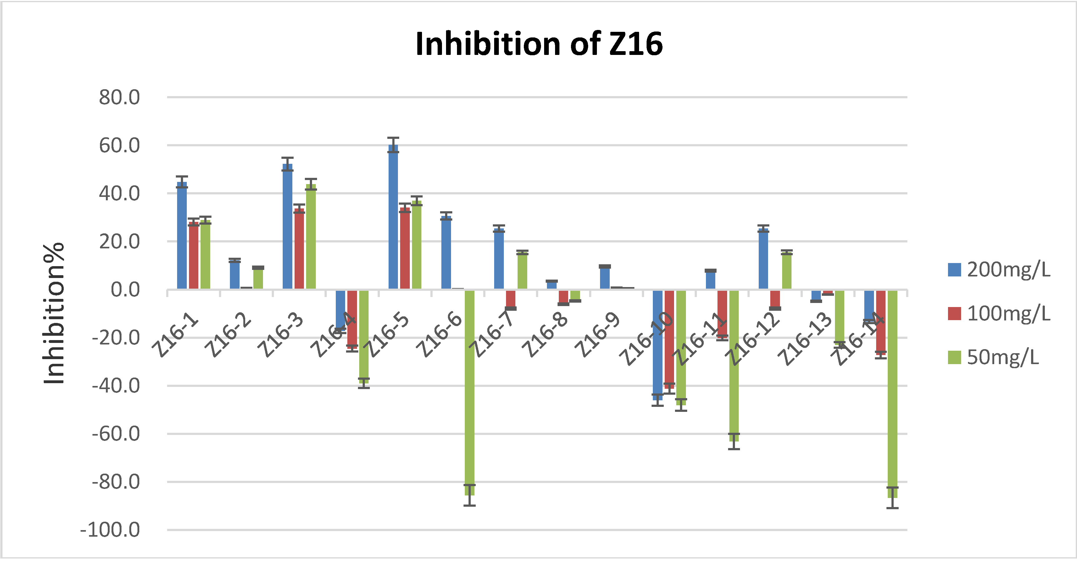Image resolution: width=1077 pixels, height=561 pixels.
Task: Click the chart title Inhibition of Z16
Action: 539,44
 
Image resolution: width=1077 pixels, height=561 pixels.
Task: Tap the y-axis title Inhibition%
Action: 54,313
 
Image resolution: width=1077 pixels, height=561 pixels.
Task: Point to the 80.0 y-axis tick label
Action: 119,98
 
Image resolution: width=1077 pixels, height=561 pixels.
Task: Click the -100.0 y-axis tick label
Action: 110,530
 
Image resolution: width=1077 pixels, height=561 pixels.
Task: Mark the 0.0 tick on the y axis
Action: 125,290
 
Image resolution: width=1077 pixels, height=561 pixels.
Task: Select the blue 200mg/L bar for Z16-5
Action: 393,217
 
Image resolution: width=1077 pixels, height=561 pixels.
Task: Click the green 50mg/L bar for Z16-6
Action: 469,393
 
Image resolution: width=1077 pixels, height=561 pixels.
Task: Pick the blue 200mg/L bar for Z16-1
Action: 182,236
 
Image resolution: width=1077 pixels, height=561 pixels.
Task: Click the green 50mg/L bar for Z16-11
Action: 734,365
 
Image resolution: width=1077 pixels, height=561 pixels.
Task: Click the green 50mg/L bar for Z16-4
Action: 364,334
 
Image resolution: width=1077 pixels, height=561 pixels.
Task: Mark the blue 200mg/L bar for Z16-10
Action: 658,345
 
